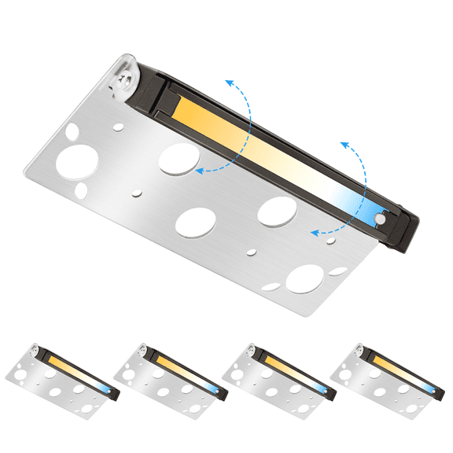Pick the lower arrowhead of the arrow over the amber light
(x=199, y=169)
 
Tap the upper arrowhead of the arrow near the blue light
(x=344, y=145)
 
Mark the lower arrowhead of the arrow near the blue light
(x=313, y=232)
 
